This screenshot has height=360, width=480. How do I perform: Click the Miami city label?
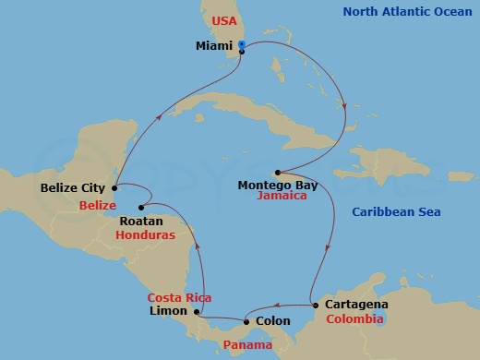click(214, 45)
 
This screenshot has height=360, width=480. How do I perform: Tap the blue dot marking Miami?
click(242, 44)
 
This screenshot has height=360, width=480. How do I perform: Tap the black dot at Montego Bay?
click(277, 172)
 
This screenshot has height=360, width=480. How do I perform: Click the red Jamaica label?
click(282, 197)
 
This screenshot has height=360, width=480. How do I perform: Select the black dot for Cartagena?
click(316, 305)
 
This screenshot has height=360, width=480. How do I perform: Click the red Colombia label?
click(354, 318)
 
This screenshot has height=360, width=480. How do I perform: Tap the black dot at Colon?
click(246, 321)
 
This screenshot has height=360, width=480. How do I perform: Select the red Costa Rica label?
click(180, 297)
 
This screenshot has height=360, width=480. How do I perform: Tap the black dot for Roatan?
click(141, 208)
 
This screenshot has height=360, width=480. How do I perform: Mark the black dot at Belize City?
click(114, 188)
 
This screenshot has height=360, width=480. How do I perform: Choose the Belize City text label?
click(73, 188)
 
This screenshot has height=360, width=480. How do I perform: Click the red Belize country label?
click(97, 204)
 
